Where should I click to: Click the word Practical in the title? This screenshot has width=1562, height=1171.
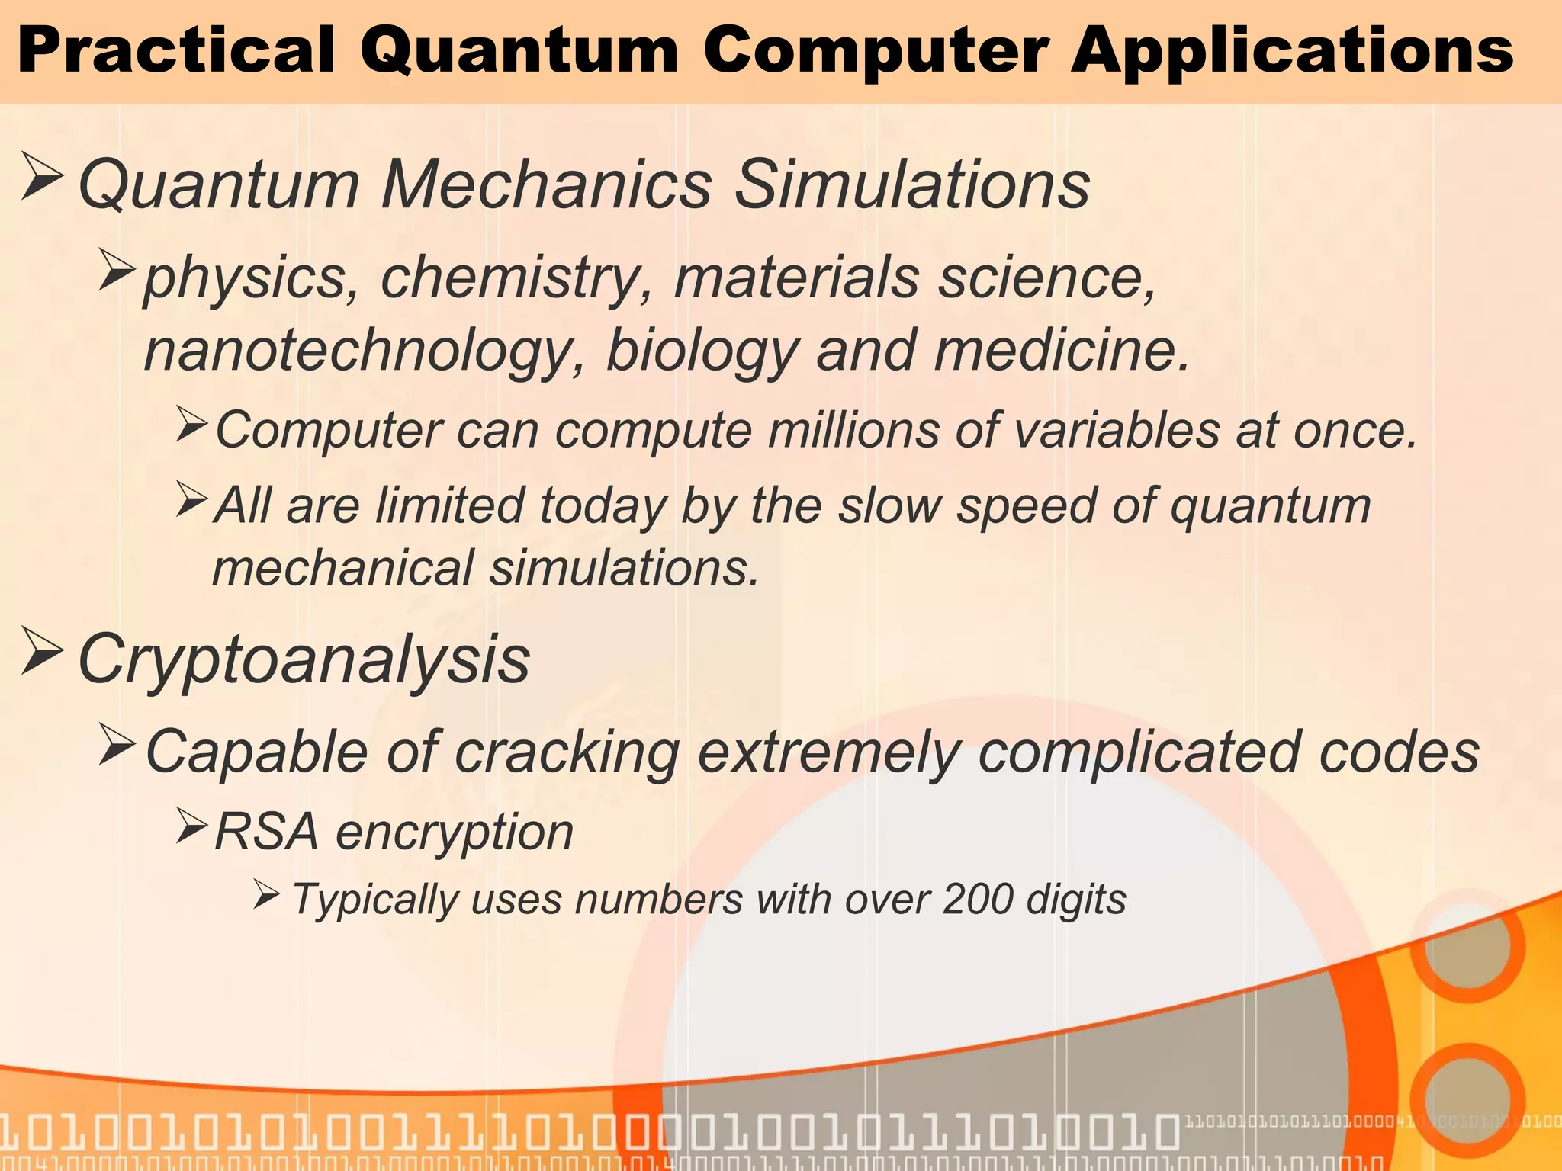(176, 50)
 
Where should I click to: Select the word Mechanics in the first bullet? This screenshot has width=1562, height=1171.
(547, 184)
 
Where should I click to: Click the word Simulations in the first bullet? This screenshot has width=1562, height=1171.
(912, 184)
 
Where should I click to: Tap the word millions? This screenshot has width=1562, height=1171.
(853, 430)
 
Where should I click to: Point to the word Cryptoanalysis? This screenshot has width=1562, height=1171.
(304, 660)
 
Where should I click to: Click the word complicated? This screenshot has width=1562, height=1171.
(1138, 752)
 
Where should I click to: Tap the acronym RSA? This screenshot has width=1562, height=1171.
(266, 831)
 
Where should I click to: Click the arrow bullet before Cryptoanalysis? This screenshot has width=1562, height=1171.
(42, 650)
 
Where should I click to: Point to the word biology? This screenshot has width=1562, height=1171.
(702, 350)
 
